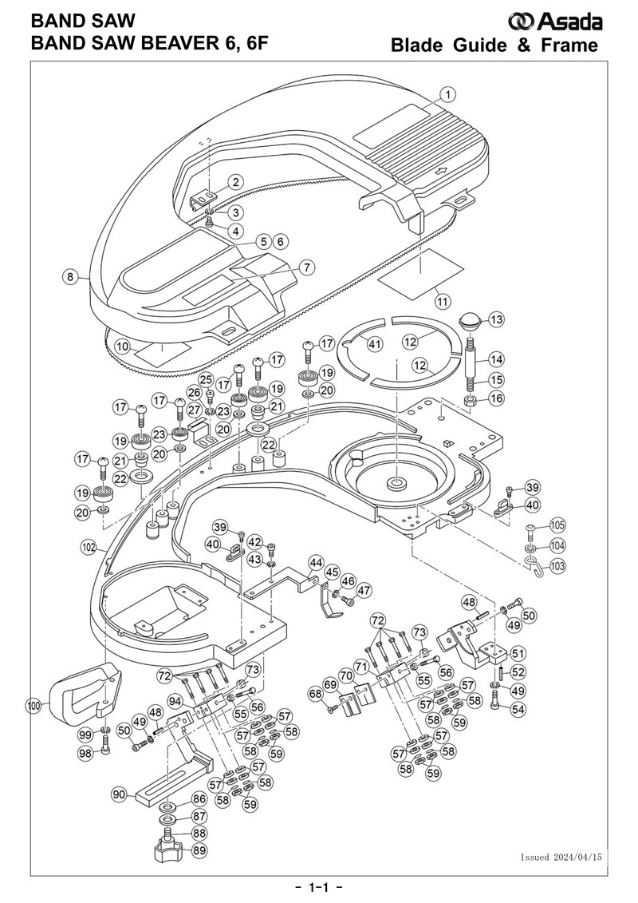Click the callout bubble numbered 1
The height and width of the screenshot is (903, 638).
point(448,93)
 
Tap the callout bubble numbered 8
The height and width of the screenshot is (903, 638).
point(70,277)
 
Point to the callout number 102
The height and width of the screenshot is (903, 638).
point(89,548)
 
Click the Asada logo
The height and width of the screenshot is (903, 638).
point(556,22)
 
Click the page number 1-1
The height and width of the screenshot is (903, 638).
point(319,888)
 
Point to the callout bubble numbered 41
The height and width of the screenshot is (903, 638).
point(375,344)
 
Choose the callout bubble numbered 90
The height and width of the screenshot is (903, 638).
point(119,795)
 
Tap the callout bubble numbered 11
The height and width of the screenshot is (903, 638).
point(443,301)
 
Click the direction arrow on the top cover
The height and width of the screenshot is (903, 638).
point(442,171)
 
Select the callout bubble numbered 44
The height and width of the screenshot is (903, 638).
point(315,562)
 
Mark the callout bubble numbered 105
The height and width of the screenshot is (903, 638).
point(557,525)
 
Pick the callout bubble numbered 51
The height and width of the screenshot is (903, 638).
point(518,652)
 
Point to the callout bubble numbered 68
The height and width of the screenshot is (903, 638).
point(316,694)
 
